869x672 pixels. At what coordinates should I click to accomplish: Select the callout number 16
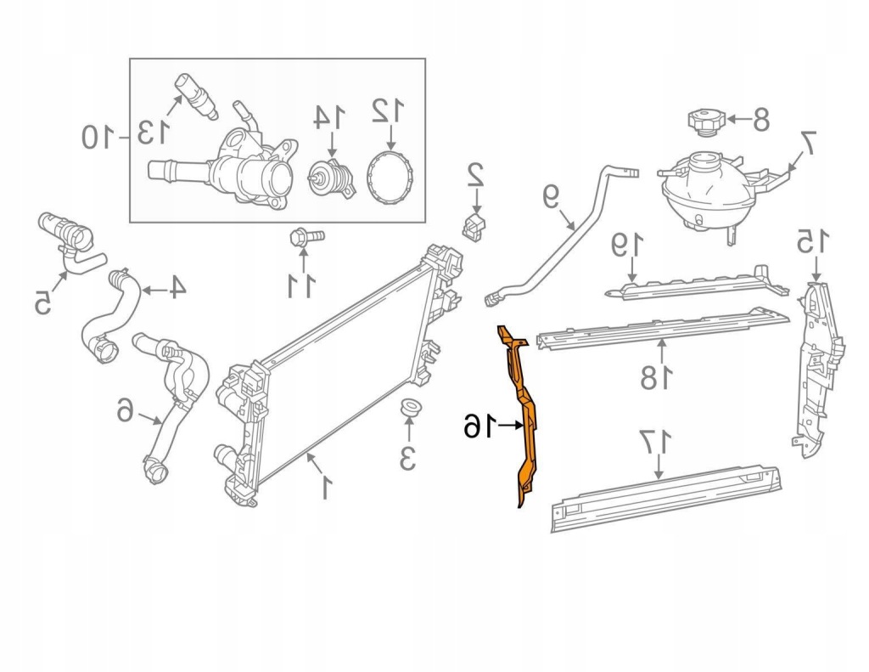click(x=479, y=426)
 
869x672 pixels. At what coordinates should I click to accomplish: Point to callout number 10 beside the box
click(x=98, y=136)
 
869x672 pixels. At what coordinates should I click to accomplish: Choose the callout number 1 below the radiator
click(x=324, y=487)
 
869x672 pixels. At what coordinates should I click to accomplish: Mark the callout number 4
click(x=175, y=289)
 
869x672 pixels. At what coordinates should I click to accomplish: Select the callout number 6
click(x=126, y=413)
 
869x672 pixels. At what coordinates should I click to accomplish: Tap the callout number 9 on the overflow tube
click(x=551, y=198)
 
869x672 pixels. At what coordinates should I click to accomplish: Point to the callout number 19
click(x=627, y=246)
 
